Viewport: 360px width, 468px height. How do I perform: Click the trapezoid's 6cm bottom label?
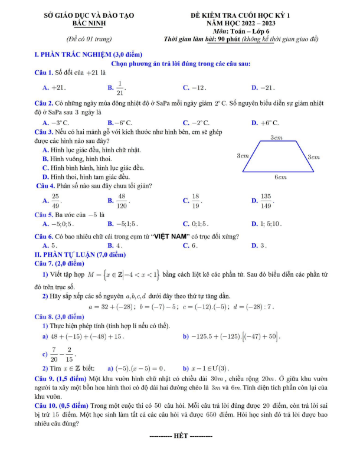click(x=280, y=176)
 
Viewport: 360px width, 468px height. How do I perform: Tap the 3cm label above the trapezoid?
click(x=276, y=138)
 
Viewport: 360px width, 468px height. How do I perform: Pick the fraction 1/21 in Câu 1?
click(x=120, y=87)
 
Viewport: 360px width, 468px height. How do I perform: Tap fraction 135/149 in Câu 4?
click(x=266, y=201)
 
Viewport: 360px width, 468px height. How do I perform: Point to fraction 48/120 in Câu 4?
click(x=122, y=201)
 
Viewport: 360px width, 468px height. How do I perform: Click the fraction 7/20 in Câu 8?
click(x=54, y=354)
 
